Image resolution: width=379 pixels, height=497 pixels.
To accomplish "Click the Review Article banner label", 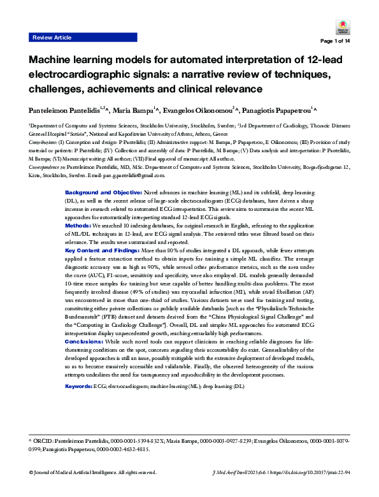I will point(52,38).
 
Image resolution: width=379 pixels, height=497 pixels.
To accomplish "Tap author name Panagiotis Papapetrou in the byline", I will point(278,110).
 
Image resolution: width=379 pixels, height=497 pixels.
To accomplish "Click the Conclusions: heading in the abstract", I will point(85,342).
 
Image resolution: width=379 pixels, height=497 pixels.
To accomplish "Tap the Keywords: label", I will point(79,387).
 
